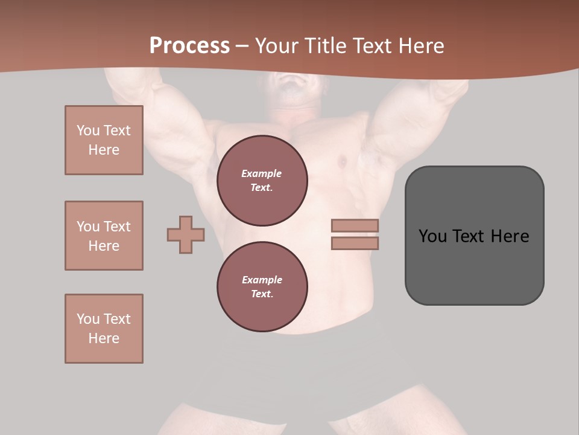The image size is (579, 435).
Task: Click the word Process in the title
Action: (189, 46)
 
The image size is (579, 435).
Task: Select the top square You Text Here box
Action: (104, 140)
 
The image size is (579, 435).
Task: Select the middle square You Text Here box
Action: (104, 236)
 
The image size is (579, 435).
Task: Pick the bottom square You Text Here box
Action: (104, 329)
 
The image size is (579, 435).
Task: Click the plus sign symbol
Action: (186, 234)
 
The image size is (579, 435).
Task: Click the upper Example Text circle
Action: (262, 181)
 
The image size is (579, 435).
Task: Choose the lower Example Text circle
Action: (262, 286)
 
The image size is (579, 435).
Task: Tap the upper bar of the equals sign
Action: (355, 226)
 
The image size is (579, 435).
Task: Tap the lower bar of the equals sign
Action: (355, 243)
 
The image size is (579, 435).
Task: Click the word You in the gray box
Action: (432, 236)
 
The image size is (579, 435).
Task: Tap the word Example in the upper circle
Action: (261, 173)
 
